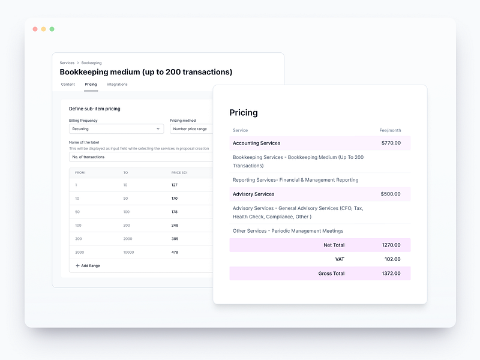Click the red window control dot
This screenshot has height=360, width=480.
tap(35, 29)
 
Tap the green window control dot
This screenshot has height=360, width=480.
tap(52, 29)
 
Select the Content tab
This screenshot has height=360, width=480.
tap(68, 85)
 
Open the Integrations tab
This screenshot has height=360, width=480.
tap(117, 85)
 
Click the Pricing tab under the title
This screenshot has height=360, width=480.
tap(91, 85)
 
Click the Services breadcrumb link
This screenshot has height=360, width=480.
tap(67, 63)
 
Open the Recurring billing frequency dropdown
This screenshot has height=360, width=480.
tap(116, 129)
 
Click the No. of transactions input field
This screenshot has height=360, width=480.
tap(141, 157)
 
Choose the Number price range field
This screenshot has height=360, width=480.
tap(191, 129)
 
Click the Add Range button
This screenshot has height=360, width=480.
tap(88, 265)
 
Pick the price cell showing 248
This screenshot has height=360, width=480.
tap(175, 225)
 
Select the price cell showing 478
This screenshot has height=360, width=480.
tap(175, 253)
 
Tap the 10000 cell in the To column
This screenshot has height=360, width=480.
tap(129, 253)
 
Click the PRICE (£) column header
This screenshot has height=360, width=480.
tap(179, 173)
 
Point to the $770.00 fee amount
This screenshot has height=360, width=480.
tap(391, 143)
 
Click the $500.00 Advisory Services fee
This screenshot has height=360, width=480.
tap(390, 194)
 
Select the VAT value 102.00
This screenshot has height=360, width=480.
tap(392, 259)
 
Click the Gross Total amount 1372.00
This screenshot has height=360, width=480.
tap(392, 274)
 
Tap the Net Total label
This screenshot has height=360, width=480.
tap(334, 245)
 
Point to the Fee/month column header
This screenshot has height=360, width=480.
tap(390, 130)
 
